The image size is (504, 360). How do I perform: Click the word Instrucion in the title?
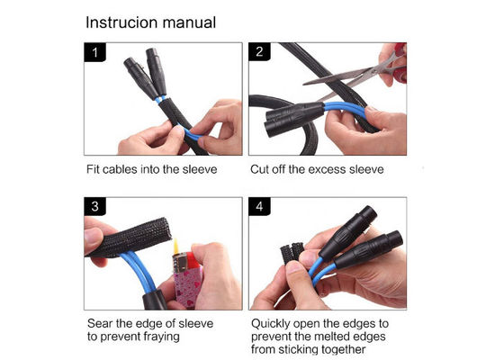[x=121, y=22]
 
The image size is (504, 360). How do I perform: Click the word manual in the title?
[x=189, y=22]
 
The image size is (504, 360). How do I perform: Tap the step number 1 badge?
[x=94, y=52]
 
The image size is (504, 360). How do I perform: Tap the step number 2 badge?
[x=259, y=52]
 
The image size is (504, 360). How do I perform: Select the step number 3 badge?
[x=94, y=206]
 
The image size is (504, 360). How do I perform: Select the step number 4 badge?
[x=259, y=206]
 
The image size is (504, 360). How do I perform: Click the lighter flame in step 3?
[x=176, y=247]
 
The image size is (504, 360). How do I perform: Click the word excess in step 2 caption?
[x=325, y=169]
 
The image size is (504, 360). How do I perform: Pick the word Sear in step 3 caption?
[x=100, y=323]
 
